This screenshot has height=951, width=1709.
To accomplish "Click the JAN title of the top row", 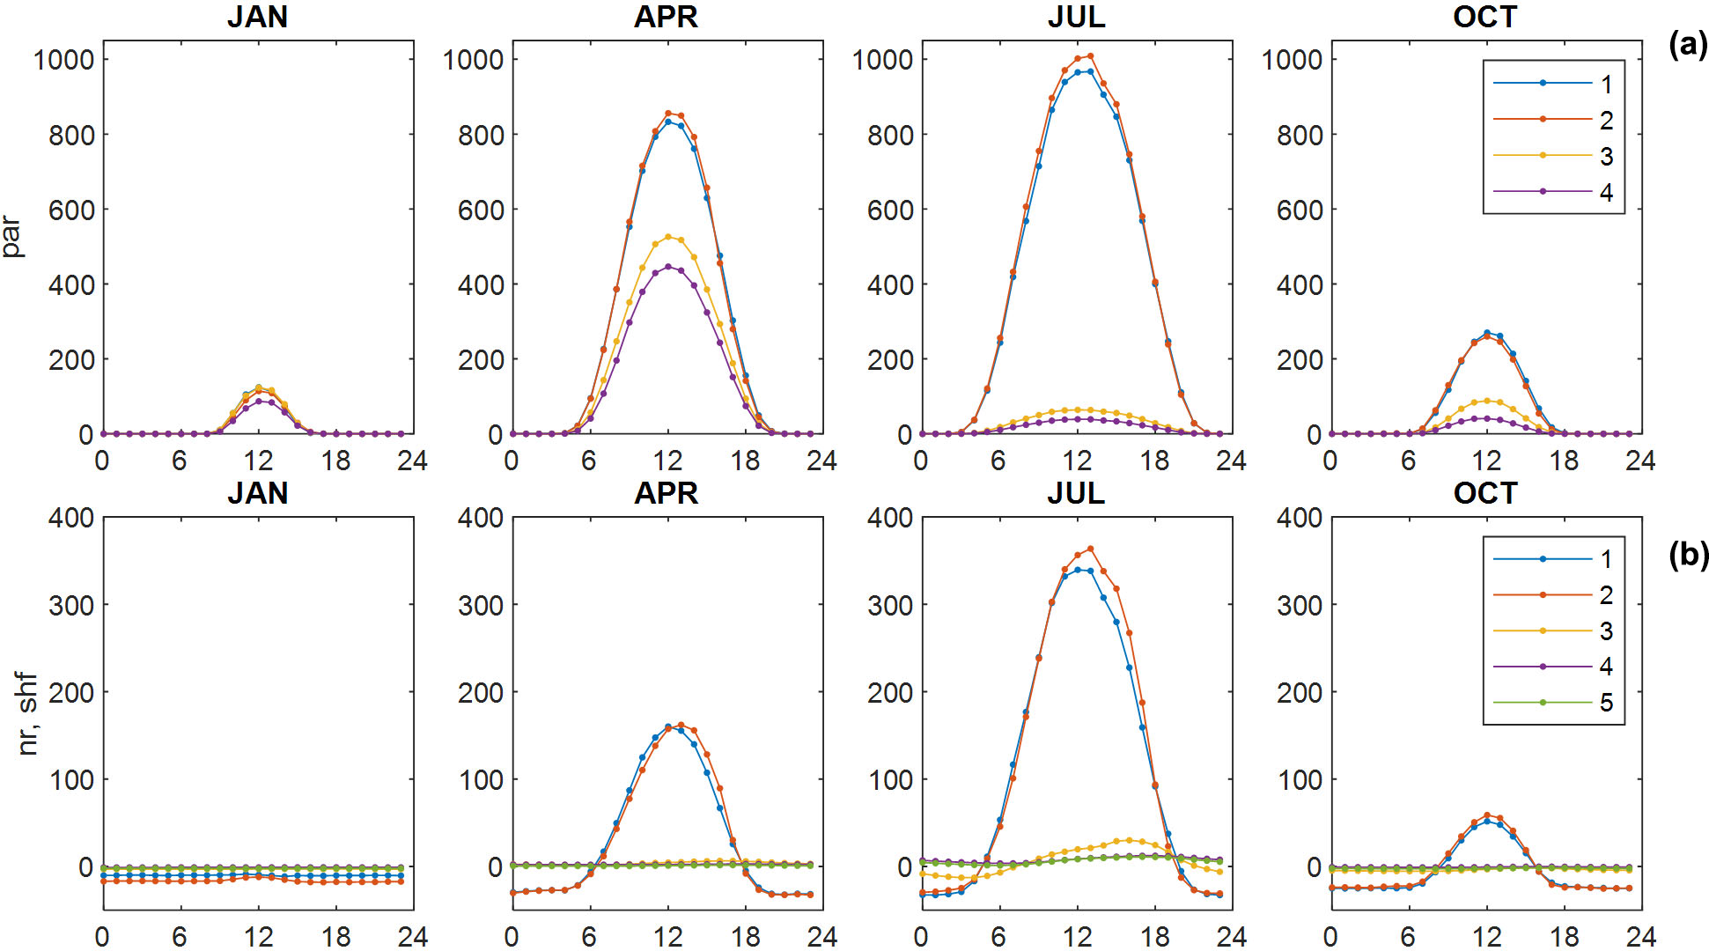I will (x=257, y=17).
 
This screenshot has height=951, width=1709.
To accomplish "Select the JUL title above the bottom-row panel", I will (x=1076, y=492).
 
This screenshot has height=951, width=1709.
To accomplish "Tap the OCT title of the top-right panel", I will (x=1485, y=17).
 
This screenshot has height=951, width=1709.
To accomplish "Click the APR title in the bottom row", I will (x=667, y=492).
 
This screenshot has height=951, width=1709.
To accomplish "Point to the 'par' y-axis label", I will (x=12, y=237).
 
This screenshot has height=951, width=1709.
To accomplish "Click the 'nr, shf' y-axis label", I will (x=28, y=714).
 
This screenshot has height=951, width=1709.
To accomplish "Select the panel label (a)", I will (x=1688, y=44).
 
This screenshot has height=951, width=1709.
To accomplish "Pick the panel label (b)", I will (x=1688, y=555).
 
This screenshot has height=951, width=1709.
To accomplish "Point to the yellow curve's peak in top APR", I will (x=668, y=237).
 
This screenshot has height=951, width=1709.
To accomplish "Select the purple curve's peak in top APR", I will (x=668, y=267).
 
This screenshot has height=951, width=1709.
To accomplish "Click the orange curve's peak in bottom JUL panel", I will (x=1090, y=549).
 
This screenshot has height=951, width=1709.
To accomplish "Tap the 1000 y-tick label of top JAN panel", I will (x=63, y=60).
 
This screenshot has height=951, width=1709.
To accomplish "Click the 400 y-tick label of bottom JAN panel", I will (x=70, y=518).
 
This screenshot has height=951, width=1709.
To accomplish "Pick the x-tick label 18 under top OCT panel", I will (x=1564, y=461).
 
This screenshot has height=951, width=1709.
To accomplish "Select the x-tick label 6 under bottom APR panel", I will (x=589, y=936).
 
